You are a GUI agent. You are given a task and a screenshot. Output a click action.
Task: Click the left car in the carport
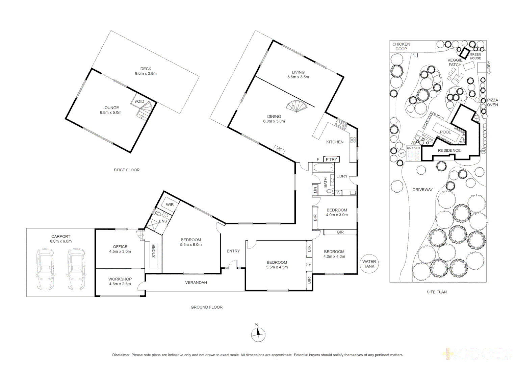(x=45, y=269)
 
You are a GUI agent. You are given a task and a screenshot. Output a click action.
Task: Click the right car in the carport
(x=76, y=269)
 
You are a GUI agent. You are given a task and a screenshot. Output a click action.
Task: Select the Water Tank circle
(x=369, y=264)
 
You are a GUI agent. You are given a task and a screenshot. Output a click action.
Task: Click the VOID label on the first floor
(x=139, y=101)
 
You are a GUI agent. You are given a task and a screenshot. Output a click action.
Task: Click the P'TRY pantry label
(x=331, y=159)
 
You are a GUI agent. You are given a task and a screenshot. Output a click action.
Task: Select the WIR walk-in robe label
(x=170, y=204)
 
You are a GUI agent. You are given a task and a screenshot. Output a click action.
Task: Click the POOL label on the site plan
(x=445, y=132)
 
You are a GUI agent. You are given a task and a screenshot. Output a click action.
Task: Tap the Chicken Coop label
(x=401, y=46)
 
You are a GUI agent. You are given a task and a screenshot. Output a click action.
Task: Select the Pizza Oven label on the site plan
(x=492, y=102)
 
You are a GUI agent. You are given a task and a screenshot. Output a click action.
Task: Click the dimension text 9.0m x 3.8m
(x=146, y=73)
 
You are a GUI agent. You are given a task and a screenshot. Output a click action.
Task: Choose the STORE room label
(x=154, y=251)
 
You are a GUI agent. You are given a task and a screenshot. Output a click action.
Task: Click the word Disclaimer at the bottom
(x=121, y=355)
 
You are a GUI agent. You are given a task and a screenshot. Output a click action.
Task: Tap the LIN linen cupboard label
(x=315, y=190)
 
